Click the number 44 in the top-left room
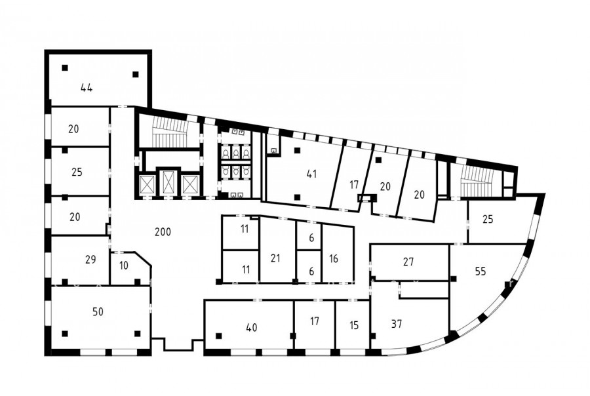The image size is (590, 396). pos(87,88)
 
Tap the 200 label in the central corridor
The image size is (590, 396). pos(163,232)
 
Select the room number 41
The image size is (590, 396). pos(311,174)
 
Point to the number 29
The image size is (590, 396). pos(90,260)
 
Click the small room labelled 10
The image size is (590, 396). pos(123,266)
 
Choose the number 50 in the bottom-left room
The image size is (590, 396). pos(98,311)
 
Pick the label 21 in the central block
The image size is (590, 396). pos(275,258)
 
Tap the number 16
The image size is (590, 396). pos(334,258)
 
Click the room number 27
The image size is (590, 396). pos(408,262)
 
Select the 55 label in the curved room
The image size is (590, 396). pos(481,271)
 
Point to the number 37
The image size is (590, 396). pos(397,324)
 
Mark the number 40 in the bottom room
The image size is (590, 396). pos(251,328)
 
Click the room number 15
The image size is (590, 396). pos(354,325)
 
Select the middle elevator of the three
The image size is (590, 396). pos(167,182)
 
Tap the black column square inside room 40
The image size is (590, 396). pos(218,336)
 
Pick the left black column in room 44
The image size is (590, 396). pos(65,68)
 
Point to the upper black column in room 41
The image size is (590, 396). pos(297,151)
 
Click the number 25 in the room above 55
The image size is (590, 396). pos(488,219)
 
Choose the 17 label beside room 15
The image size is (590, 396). pos(315,321)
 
